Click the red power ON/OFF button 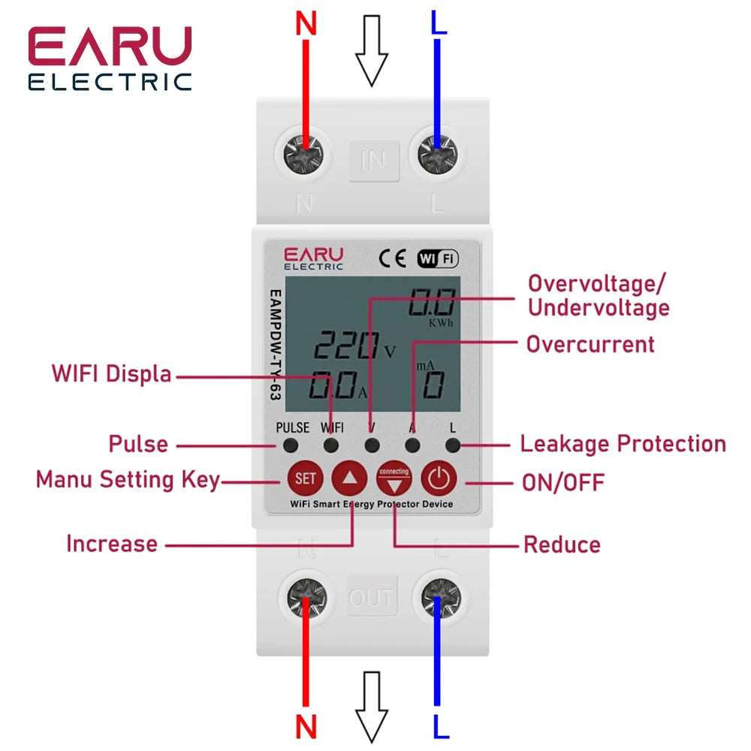pyautogui.click(x=439, y=478)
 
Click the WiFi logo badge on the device pyautogui.click(x=438, y=258)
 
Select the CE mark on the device pyautogui.click(x=392, y=258)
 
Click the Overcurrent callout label pyautogui.click(x=590, y=345)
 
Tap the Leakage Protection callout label pyautogui.click(x=623, y=444)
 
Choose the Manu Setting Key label pyautogui.click(x=128, y=479)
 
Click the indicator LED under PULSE pyautogui.click(x=291, y=445)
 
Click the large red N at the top pyautogui.click(x=306, y=24)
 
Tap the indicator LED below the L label pyautogui.click(x=452, y=445)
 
